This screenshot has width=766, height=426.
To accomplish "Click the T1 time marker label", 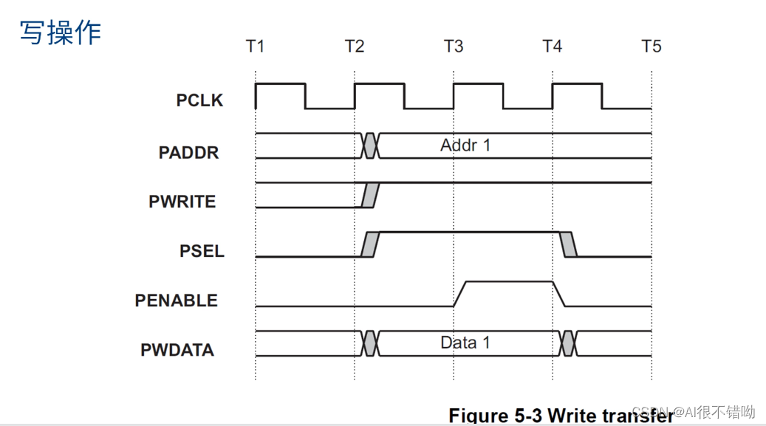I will pyautogui.click(x=255, y=47).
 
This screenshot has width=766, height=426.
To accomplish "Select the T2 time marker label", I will pyautogui.click(x=355, y=47).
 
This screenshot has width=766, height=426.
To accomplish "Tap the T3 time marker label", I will pyautogui.click(x=454, y=47).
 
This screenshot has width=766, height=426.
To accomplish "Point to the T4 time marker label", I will pyautogui.click(x=552, y=47).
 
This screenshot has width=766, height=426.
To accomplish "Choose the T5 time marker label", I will pyautogui.click(x=651, y=47).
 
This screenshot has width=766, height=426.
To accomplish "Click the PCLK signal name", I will pyautogui.click(x=199, y=100).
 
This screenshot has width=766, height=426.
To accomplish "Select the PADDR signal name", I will pyautogui.click(x=188, y=153).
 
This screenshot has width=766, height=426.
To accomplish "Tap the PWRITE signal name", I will pyautogui.click(x=182, y=201).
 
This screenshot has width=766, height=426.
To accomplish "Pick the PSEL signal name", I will pyautogui.click(x=202, y=250).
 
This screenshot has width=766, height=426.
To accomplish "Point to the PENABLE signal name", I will pyautogui.click(x=177, y=300).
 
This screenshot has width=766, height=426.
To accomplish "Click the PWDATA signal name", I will pyautogui.click(x=177, y=349).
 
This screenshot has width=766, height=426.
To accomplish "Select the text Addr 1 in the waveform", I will pyautogui.click(x=465, y=145).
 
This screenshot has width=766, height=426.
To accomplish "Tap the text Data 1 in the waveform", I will pyautogui.click(x=465, y=343).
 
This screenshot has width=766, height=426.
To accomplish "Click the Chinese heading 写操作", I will pyautogui.click(x=60, y=32).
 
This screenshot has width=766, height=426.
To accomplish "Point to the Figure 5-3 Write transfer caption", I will pyautogui.click(x=561, y=415).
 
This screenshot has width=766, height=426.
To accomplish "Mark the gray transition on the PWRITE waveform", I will pyautogui.click(x=370, y=195).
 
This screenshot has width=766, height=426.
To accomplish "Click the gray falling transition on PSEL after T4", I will pyautogui.click(x=569, y=244).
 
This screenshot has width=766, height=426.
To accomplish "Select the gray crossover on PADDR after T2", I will pyautogui.click(x=370, y=146).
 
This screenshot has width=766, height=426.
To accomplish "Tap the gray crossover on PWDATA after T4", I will pyautogui.click(x=568, y=343).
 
